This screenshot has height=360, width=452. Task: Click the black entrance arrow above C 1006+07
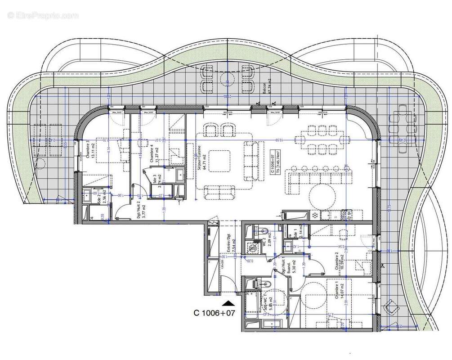[228, 305]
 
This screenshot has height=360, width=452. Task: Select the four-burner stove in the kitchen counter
[347, 215]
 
